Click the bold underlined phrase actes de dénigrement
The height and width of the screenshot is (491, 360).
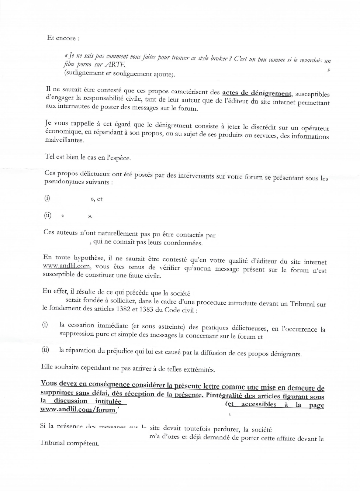pos(257,93)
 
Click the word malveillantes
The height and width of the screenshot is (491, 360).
pos(64,140)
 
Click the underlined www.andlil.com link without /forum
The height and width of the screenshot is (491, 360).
pos(66,266)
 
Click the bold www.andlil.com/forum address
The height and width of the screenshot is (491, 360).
pos(78,409)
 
